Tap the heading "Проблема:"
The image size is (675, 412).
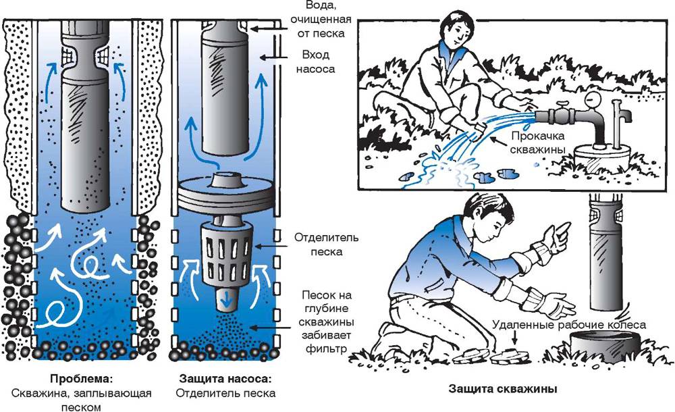pos(80,378)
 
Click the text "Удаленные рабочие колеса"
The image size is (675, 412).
pos(569,325)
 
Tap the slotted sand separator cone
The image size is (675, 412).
pos(226,253)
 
